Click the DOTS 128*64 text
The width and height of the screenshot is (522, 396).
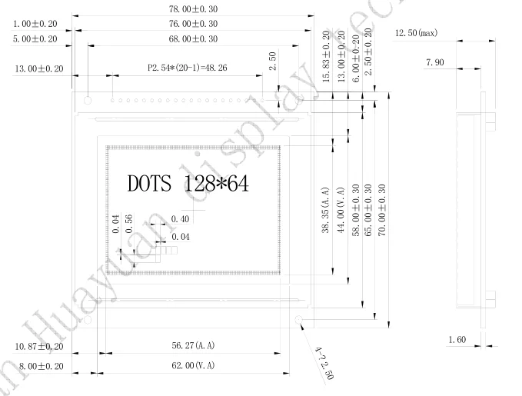click(x=188, y=184)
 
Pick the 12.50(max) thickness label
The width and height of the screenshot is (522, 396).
click(x=416, y=33)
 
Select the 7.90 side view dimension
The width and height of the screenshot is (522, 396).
click(x=437, y=62)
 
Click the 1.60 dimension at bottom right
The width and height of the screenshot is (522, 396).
click(x=457, y=339)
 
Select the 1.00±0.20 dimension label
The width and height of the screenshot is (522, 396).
click(x=35, y=23)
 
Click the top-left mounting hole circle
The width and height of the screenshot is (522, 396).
click(x=88, y=99)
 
